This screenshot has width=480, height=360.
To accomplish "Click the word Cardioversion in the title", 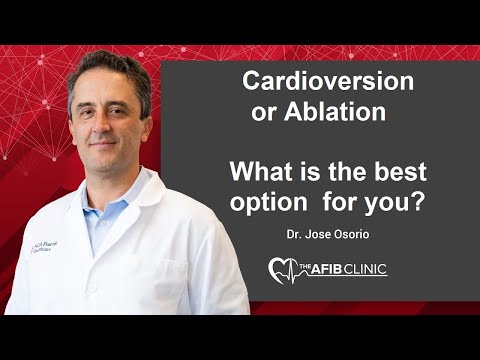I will (314, 82).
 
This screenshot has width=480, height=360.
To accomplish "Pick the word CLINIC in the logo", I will (364, 268).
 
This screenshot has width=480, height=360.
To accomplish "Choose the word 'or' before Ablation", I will (263, 113).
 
